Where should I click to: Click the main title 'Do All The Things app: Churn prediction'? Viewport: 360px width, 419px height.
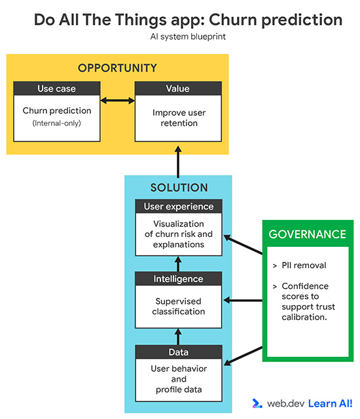[188, 20]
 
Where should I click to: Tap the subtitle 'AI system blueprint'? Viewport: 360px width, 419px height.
[188, 37]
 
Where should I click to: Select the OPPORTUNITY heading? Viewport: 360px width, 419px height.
[117, 68]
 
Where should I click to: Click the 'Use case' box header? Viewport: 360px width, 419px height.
[57, 88]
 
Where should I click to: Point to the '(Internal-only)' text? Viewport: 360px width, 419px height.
[57, 122]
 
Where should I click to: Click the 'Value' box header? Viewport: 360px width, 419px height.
[179, 88]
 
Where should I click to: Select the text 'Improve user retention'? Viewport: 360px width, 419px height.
[179, 118]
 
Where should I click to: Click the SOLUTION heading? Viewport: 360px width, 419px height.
[178, 187]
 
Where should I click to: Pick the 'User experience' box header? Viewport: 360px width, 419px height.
[179, 206]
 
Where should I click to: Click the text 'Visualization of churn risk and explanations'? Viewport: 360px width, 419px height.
[179, 234]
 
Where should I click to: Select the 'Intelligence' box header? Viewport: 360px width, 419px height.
[179, 279]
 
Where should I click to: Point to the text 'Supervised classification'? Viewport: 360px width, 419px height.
[179, 306]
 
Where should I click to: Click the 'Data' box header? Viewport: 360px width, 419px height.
[179, 352]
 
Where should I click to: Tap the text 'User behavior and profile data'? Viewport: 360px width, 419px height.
[179, 379]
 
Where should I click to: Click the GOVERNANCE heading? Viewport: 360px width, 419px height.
[308, 234]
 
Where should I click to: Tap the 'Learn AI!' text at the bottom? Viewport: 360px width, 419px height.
[331, 404]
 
